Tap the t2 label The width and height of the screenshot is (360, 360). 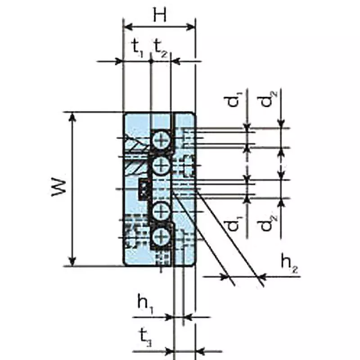tap(160, 46)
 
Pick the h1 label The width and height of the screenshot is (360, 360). tap(144, 303)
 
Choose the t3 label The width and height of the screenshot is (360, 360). tap(144, 337)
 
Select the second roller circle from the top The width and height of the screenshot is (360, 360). tap(160, 167)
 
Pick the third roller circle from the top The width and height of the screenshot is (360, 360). tap(160, 210)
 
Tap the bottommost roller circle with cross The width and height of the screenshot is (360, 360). tap(160, 236)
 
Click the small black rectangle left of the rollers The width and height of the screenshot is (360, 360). tap(144, 189)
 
